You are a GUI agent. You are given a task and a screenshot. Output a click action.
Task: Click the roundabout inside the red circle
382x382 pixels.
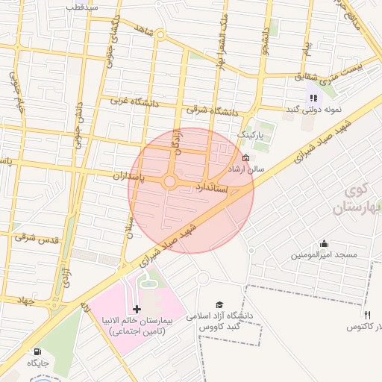click(x=170, y=181)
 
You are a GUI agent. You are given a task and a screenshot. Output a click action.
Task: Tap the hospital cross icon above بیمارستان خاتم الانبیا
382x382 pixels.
click(x=137, y=309)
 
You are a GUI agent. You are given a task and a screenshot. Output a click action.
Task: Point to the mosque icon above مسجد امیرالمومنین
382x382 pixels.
click(x=324, y=243)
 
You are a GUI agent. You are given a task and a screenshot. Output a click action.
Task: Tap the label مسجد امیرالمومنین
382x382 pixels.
click(x=325, y=255)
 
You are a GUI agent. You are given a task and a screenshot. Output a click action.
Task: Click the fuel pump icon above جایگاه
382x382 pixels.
click(x=37, y=351)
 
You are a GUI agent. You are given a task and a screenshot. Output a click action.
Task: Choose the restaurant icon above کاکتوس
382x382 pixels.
click(x=367, y=313)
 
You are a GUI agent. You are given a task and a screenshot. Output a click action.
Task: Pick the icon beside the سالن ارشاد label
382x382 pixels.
click(x=246, y=157)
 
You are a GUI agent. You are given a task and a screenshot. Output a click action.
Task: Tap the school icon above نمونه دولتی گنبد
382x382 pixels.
click(x=313, y=97)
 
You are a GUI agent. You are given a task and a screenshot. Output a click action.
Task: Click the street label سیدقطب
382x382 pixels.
click(x=82, y=6)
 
